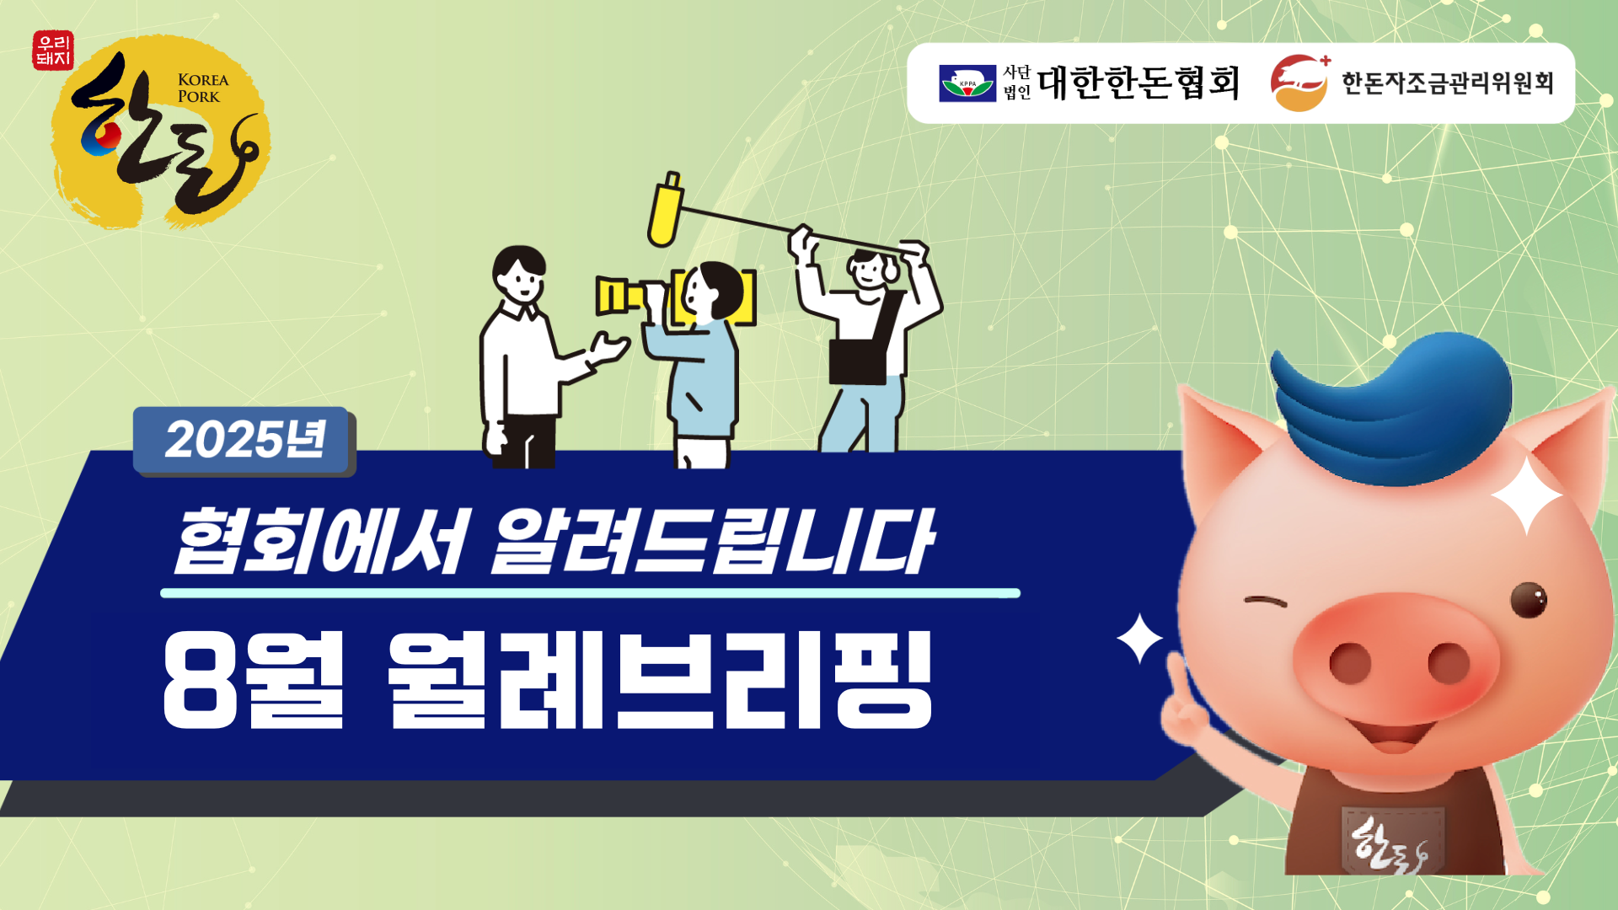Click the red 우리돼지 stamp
[x=53, y=51]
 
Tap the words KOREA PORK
[x=203, y=88]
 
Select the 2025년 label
[x=244, y=440]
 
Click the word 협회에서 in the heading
[x=319, y=542]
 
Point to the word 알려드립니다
[x=713, y=542]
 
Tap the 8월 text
[x=254, y=680]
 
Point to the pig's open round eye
[x=1528, y=599]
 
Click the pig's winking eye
[x=1265, y=602]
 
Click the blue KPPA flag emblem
[x=967, y=83]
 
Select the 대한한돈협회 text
[x=1138, y=83]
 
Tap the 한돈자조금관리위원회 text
[x=1447, y=83]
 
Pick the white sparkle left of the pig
[x=1139, y=639]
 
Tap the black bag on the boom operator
[x=858, y=361]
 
